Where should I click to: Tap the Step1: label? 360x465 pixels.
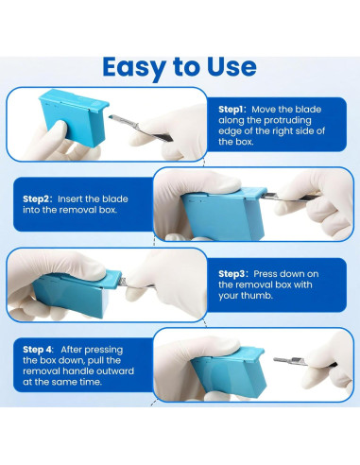(x=233, y=109)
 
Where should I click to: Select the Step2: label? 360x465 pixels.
(x=41, y=199)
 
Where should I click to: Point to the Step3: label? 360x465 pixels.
(x=234, y=272)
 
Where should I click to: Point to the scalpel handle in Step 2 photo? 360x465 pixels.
(x=293, y=196)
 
